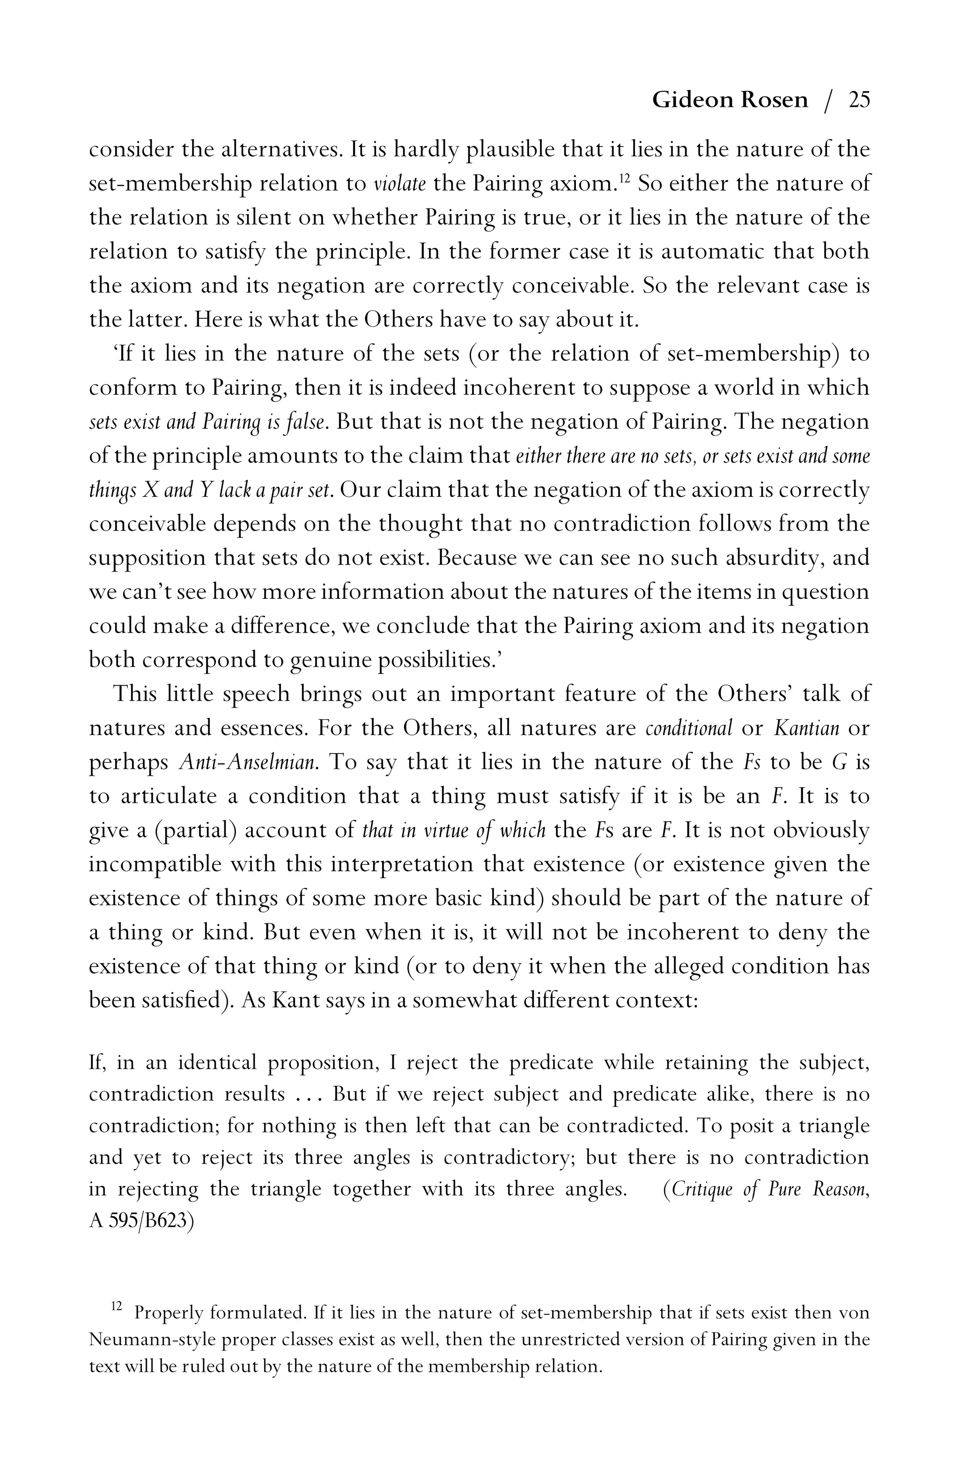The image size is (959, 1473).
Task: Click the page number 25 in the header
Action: tap(859, 100)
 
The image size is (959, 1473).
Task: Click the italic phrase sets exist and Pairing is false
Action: tap(208, 422)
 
